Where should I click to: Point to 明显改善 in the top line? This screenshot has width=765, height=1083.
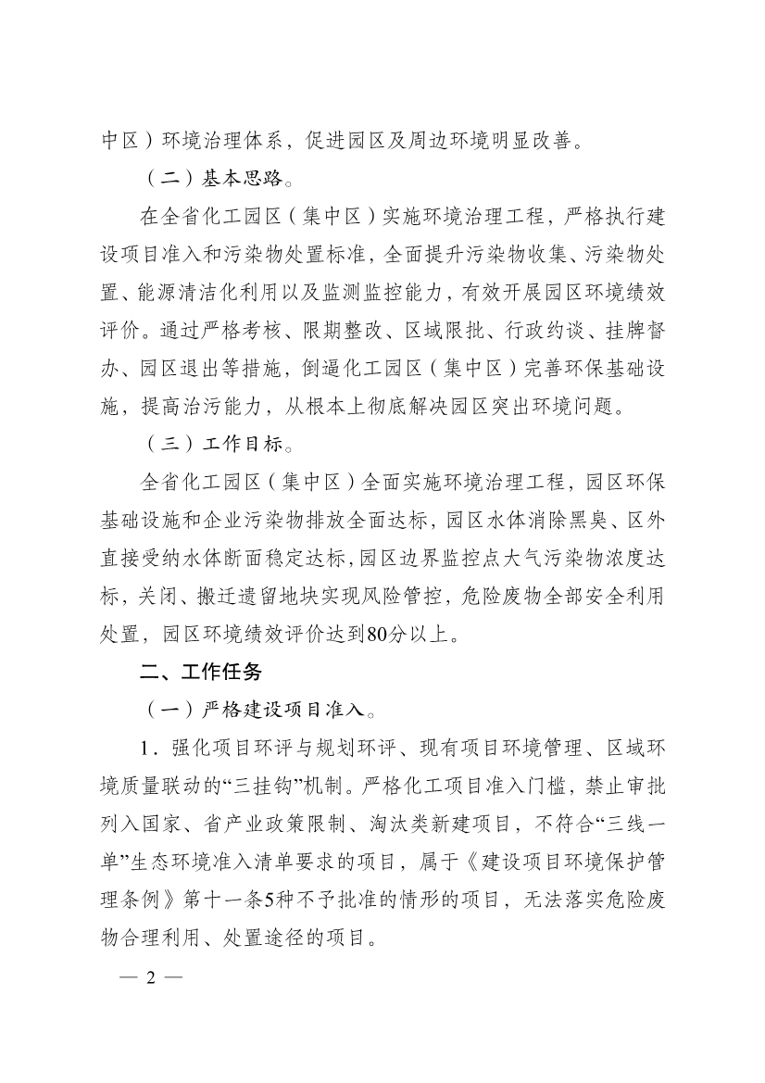(x=524, y=142)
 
